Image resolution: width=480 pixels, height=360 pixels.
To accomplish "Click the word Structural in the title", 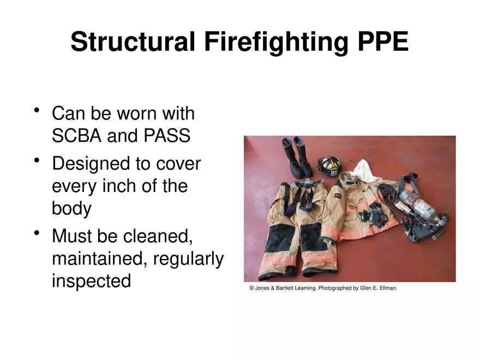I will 133,42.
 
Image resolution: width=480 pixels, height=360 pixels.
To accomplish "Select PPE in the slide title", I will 382,42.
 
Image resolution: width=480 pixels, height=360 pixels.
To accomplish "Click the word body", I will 71,208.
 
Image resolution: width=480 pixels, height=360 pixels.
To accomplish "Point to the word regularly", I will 188,259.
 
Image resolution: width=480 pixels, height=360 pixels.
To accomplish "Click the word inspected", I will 91,281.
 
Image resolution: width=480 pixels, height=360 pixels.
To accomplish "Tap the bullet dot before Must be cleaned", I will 37,233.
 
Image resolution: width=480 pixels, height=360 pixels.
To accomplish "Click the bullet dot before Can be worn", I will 37,111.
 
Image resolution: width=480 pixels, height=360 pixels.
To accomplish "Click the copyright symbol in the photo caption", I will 251,288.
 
